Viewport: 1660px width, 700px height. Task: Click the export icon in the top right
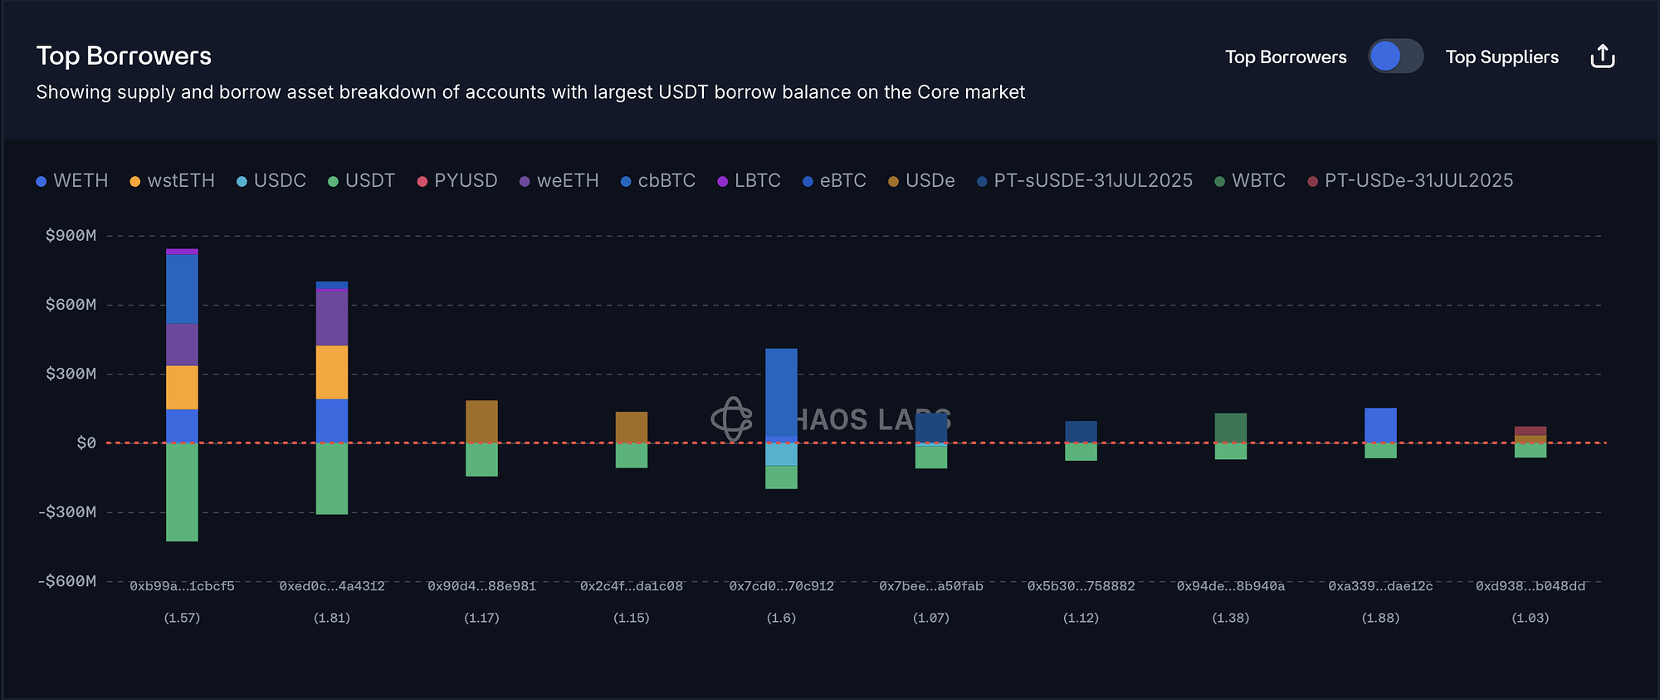point(1602,56)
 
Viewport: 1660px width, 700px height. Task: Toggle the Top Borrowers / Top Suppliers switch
point(1395,56)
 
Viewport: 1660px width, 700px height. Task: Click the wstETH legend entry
point(173,181)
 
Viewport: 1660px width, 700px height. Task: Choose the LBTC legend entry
point(749,181)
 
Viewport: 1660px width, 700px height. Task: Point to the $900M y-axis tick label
point(71,236)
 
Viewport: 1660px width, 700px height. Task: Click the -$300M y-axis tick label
point(67,512)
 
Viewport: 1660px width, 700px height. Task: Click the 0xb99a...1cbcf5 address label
point(182,586)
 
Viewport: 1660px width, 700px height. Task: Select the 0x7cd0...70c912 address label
point(781,586)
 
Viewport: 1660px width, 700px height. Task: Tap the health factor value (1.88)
point(1380,618)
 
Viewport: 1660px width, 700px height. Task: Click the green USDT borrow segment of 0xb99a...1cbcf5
point(182,492)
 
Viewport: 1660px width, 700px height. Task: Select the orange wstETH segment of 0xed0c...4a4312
point(332,372)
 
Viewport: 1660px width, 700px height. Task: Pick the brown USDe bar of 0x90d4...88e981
point(481,421)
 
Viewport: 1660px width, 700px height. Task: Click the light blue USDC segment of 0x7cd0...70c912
point(781,454)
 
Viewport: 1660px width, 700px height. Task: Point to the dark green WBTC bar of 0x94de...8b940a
point(1230,428)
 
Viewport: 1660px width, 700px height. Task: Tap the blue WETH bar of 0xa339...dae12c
point(1380,425)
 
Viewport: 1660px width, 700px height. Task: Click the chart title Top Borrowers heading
point(124,56)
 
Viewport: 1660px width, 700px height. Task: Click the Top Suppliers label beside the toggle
point(1501,57)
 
